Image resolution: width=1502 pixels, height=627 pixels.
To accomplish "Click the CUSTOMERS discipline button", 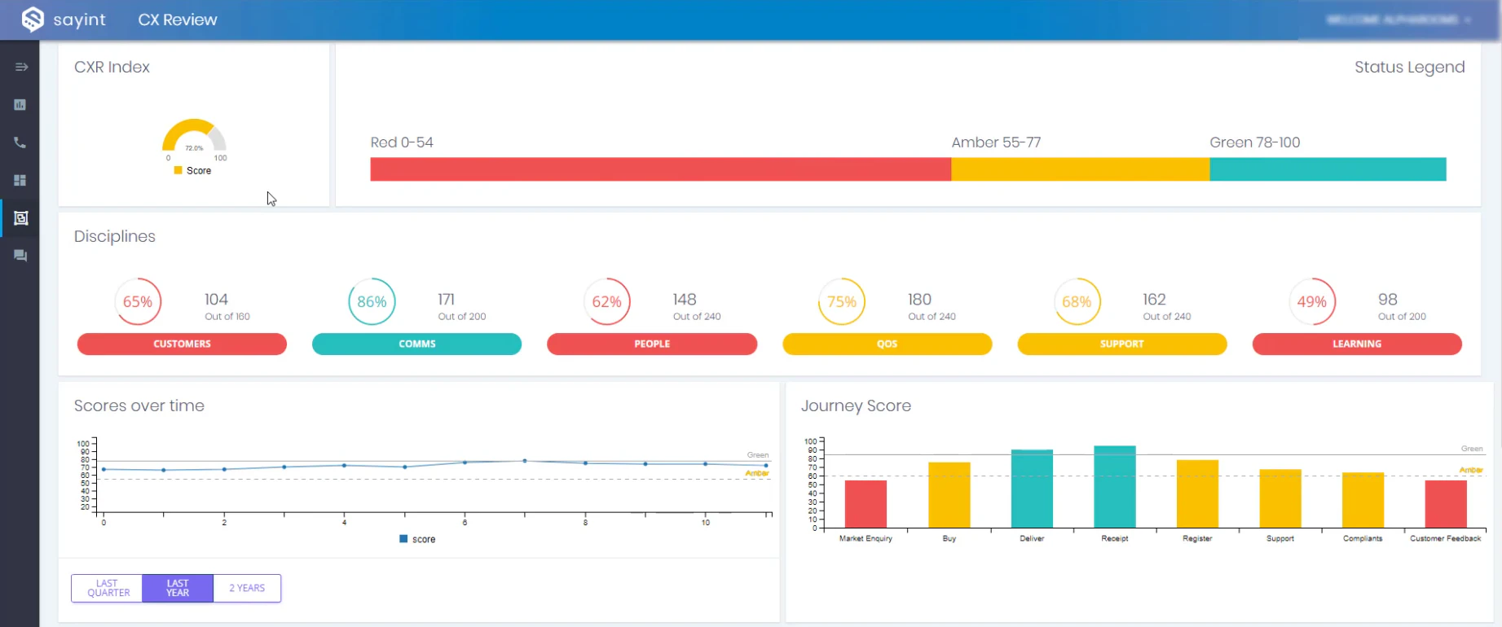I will click(x=182, y=344).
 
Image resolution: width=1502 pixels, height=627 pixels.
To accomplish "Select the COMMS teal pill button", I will click(x=416, y=344).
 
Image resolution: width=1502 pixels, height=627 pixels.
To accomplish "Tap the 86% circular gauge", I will click(x=372, y=301).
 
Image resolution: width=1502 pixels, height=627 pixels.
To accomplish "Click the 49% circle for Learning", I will click(x=1311, y=301).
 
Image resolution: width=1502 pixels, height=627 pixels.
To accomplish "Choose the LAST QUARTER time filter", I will click(x=108, y=588).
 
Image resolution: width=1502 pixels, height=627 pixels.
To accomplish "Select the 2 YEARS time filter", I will click(x=247, y=588).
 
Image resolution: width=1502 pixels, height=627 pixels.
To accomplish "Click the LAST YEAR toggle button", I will click(x=178, y=588).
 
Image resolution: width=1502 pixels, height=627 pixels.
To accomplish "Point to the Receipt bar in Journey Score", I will click(x=1114, y=487).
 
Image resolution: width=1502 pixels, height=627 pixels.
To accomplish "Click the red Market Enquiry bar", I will click(x=866, y=504).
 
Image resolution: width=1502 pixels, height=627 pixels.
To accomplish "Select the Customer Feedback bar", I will click(x=1445, y=504).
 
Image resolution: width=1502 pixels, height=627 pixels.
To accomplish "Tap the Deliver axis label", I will click(x=1032, y=538).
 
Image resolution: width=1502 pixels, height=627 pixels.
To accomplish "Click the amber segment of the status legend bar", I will click(x=1080, y=169).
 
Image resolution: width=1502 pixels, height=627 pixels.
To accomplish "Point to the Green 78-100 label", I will click(x=1254, y=142).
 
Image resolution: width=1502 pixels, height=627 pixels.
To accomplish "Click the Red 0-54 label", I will click(x=402, y=142).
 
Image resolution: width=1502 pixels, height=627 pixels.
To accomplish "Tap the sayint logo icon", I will click(x=33, y=19).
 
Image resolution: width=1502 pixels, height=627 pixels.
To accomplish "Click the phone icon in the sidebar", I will click(x=20, y=142).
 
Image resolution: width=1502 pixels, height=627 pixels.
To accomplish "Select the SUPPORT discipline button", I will click(x=1121, y=344).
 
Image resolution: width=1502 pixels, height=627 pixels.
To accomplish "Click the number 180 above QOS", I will click(x=919, y=299).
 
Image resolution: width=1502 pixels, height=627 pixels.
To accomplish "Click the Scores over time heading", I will click(x=139, y=406).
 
